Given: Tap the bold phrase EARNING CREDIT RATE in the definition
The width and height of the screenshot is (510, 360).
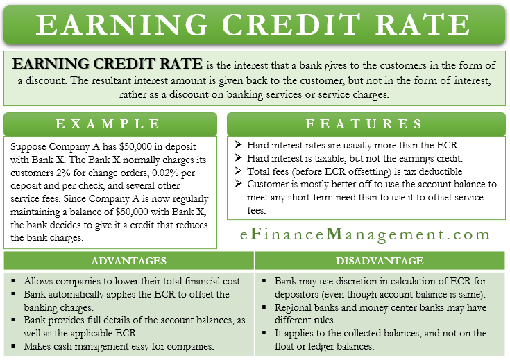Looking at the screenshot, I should [x=108, y=65].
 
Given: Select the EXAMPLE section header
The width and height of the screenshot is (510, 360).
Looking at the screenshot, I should [x=110, y=124].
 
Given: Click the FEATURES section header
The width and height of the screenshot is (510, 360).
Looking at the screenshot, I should [x=365, y=124].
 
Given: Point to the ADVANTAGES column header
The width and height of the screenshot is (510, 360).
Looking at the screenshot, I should [x=130, y=261].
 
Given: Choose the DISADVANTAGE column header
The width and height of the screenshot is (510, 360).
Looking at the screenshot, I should [x=381, y=261].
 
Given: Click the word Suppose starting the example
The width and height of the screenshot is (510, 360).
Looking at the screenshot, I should [x=30, y=148].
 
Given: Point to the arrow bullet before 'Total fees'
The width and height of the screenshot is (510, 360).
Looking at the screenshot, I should [x=238, y=171].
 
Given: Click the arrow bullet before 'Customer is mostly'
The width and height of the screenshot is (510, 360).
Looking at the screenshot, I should [x=238, y=184].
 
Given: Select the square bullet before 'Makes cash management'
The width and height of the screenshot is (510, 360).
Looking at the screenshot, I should [x=15, y=347].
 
